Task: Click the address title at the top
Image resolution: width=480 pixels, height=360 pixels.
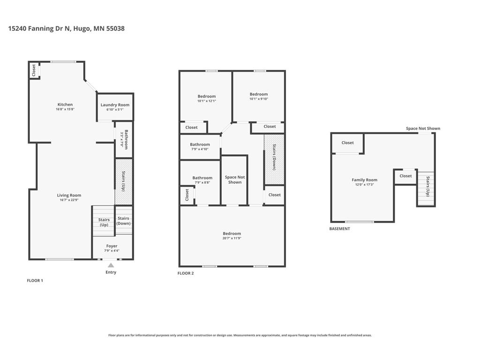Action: tap(66, 29)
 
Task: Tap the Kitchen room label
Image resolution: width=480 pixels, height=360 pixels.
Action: tap(65, 105)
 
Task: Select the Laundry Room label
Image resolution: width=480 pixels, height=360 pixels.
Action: tap(115, 105)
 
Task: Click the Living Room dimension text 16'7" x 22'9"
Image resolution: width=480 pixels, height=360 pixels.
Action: tap(69, 200)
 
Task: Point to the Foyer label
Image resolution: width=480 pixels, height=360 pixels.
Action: tap(112, 246)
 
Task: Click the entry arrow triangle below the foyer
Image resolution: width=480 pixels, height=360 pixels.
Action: tap(111, 265)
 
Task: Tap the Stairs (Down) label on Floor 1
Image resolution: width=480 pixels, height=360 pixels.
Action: tap(123, 221)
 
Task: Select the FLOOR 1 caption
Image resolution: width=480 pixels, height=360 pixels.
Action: tap(35, 280)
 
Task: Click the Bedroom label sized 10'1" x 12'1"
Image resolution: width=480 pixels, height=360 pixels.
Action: tap(207, 97)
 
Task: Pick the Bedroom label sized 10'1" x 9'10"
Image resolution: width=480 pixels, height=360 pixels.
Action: tap(259, 94)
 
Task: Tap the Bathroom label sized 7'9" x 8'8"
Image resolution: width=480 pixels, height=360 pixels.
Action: tap(202, 178)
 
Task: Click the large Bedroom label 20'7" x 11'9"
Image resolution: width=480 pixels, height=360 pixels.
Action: tap(232, 233)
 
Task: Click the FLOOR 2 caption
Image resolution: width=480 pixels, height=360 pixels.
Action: tap(186, 273)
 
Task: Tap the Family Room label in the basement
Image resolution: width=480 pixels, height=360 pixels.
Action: tap(365, 180)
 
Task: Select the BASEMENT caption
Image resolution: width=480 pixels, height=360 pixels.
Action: tap(340, 229)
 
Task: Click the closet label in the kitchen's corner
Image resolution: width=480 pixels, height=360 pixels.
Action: tap(34, 70)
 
